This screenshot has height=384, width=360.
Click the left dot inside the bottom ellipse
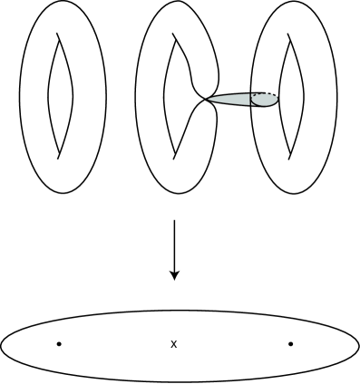click(59, 344)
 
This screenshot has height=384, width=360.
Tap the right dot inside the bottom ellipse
click(290, 344)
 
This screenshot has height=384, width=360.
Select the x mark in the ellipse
click(173, 344)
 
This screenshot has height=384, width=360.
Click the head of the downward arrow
click(173, 274)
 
